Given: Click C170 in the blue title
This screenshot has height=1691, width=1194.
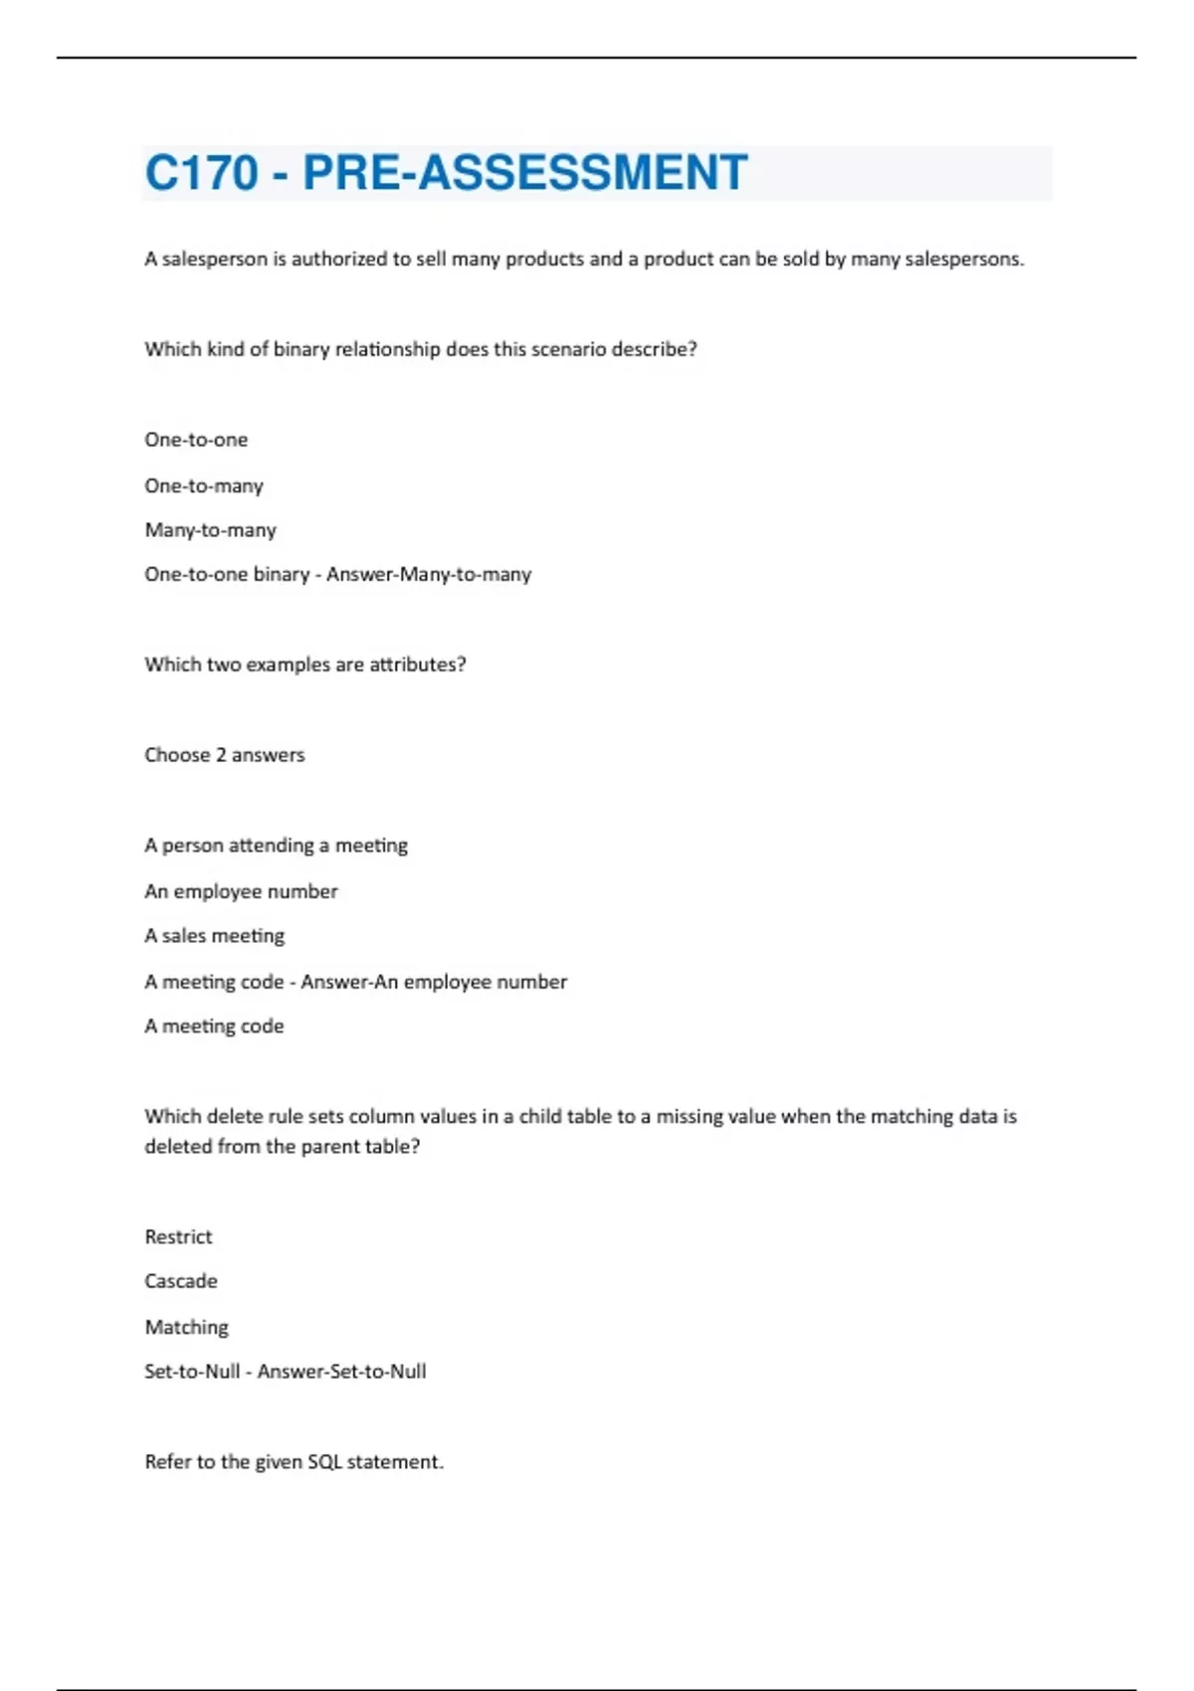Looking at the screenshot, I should click(x=202, y=173).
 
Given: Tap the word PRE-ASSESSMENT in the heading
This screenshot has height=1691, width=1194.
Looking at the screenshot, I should click(x=524, y=173).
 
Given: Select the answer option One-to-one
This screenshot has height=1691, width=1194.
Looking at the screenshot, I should click(x=196, y=440).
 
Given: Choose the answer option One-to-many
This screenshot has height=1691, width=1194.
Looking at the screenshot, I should click(x=204, y=485).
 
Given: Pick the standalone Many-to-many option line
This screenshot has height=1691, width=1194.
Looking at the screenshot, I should click(x=210, y=530).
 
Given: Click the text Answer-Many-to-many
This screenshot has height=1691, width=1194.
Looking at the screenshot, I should click(x=429, y=574).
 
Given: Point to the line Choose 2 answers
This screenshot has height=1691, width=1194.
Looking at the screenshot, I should click(x=224, y=755).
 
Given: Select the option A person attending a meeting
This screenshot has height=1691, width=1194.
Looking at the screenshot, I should click(x=276, y=845).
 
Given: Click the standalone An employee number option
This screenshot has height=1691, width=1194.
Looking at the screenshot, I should click(x=241, y=891).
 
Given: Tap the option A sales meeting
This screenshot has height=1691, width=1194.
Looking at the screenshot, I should click(x=214, y=936).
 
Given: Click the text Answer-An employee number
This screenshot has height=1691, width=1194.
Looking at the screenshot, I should click(x=434, y=982).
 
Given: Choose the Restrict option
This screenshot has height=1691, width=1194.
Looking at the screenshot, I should click(x=178, y=1236).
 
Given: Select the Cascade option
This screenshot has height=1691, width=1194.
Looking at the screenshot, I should click(x=180, y=1281).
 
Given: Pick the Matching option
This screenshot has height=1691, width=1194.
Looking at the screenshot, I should click(x=186, y=1327).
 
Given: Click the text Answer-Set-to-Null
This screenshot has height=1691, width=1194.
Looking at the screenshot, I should click(x=341, y=1372).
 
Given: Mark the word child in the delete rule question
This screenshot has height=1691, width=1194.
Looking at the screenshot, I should click(x=540, y=1117).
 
